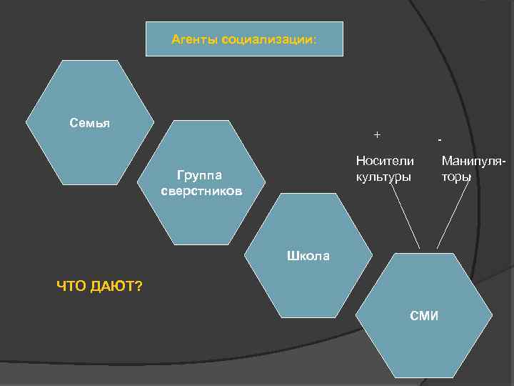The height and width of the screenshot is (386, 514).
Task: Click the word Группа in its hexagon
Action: tap(200, 175)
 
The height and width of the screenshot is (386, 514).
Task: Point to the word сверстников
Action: tap(201, 192)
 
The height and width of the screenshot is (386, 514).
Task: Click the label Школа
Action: tap(308, 255)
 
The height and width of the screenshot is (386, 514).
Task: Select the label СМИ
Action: tap(424, 315)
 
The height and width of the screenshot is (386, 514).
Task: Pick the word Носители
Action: tap(384, 162)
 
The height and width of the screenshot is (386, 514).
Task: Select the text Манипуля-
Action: tap(473, 162)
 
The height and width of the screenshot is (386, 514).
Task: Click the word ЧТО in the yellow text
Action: tap(73, 287)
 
